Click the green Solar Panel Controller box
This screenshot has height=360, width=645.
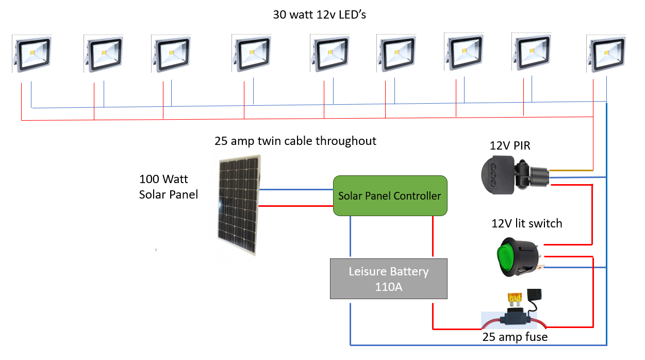(x=390, y=195)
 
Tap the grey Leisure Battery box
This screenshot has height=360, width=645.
(x=389, y=279)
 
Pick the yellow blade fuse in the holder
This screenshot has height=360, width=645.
(x=514, y=299)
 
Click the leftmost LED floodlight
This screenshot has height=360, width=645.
(x=32, y=53)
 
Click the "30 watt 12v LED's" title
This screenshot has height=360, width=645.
(x=320, y=14)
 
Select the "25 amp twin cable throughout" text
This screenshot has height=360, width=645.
(x=295, y=141)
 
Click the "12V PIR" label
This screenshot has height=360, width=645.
(x=510, y=146)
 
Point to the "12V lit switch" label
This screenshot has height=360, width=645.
(x=526, y=223)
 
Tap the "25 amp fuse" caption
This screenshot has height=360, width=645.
(x=515, y=337)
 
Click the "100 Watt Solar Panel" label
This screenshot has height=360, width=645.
(x=169, y=187)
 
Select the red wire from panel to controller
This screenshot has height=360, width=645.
(x=296, y=206)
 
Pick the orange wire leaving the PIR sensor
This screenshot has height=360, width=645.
(x=571, y=170)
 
